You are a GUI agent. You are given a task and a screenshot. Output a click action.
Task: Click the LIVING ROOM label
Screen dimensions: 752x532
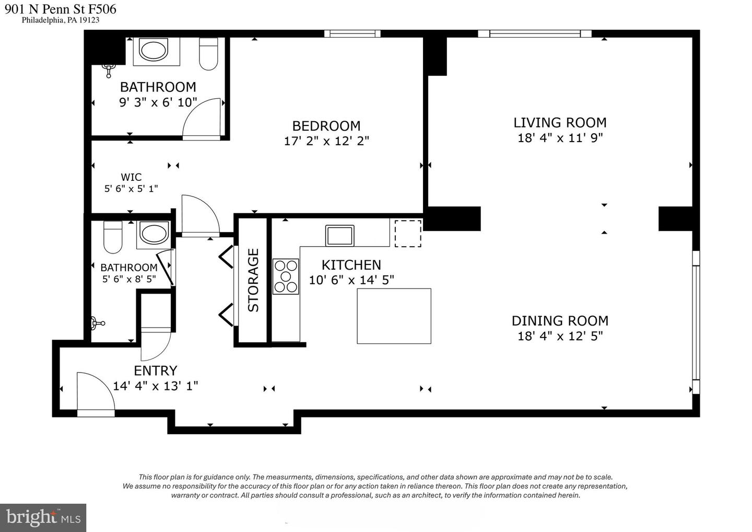pyautogui.click(x=560, y=123)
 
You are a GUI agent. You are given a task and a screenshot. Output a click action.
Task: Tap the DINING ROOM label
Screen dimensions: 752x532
pyautogui.click(x=560, y=321)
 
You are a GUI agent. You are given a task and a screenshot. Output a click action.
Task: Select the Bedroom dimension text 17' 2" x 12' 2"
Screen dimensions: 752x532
pyautogui.click(x=326, y=141)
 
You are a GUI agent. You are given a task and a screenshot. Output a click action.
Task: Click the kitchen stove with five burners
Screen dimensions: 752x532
pyautogui.click(x=286, y=277)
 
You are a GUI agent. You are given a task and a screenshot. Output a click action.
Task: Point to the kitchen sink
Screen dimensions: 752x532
pyautogui.click(x=340, y=236)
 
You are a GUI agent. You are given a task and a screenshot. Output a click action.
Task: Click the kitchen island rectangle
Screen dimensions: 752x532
pyautogui.click(x=394, y=316)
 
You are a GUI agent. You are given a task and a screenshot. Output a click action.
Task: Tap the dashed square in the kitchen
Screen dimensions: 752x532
pyautogui.click(x=408, y=234)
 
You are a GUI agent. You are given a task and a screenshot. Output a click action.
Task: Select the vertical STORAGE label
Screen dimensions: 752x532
pyautogui.click(x=253, y=280)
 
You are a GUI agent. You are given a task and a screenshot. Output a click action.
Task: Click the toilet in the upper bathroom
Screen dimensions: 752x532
pyautogui.click(x=208, y=54)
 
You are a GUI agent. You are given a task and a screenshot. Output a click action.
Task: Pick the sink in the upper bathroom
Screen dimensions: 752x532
pyautogui.click(x=154, y=50)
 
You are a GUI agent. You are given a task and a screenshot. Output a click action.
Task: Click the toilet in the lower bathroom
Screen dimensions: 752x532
pyautogui.click(x=113, y=237)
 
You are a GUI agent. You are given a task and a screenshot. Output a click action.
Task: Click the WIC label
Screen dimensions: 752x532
pyautogui.click(x=131, y=177)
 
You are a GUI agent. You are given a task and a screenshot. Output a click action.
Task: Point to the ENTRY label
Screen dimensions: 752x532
pyautogui.click(x=156, y=371)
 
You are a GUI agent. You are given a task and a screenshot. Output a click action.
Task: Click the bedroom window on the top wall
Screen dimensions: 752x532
pyautogui.click(x=352, y=33)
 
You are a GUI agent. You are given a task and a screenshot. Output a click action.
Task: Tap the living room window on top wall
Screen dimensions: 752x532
pyautogui.click(x=535, y=33)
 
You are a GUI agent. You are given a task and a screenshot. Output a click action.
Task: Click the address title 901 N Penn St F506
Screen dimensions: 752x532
pyautogui.click(x=61, y=9)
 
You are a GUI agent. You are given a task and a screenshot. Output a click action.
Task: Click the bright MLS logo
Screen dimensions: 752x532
pyautogui.click(x=43, y=518)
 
